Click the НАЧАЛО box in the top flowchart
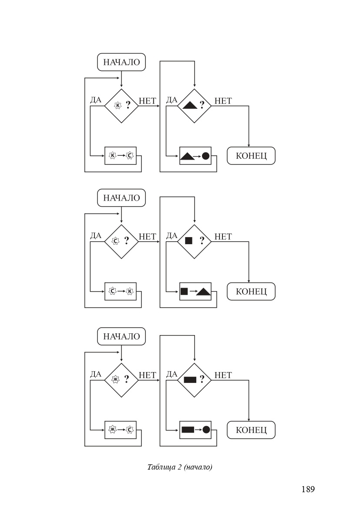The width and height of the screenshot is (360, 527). pyautogui.click(x=121, y=62)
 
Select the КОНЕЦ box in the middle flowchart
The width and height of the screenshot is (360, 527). pyautogui.click(x=251, y=291)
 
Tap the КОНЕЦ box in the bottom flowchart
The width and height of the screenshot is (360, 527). pyautogui.click(x=251, y=430)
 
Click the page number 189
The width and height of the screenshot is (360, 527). pyautogui.click(x=308, y=489)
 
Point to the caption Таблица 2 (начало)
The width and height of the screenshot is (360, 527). pyautogui.click(x=180, y=467)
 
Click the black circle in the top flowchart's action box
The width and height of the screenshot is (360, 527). pyautogui.click(x=205, y=156)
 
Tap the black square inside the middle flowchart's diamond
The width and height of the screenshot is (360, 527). pyautogui.click(x=188, y=241)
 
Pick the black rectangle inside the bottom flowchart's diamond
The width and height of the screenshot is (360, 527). pyautogui.click(x=190, y=380)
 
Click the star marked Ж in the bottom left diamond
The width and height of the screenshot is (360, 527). pyautogui.click(x=115, y=379)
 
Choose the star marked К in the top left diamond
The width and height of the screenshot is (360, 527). pyautogui.click(x=118, y=105)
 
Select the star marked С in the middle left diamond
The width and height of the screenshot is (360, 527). pyautogui.click(x=115, y=241)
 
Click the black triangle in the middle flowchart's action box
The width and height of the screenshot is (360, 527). pyautogui.click(x=203, y=292)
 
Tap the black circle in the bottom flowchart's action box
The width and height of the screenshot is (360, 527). pyautogui.click(x=206, y=430)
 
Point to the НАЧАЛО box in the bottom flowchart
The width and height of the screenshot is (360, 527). pyautogui.click(x=121, y=336)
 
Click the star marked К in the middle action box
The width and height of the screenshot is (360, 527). pyautogui.click(x=130, y=292)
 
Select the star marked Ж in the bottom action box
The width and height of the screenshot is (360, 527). pyautogui.click(x=112, y=430)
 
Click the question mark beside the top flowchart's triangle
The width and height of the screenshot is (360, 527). pyautogui.click(x=202, y=105)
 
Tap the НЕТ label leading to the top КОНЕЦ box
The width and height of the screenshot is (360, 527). pyautogui.click(x=223, y=101)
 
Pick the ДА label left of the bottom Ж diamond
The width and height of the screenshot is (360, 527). pyautogui.click(x=96, y=374)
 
